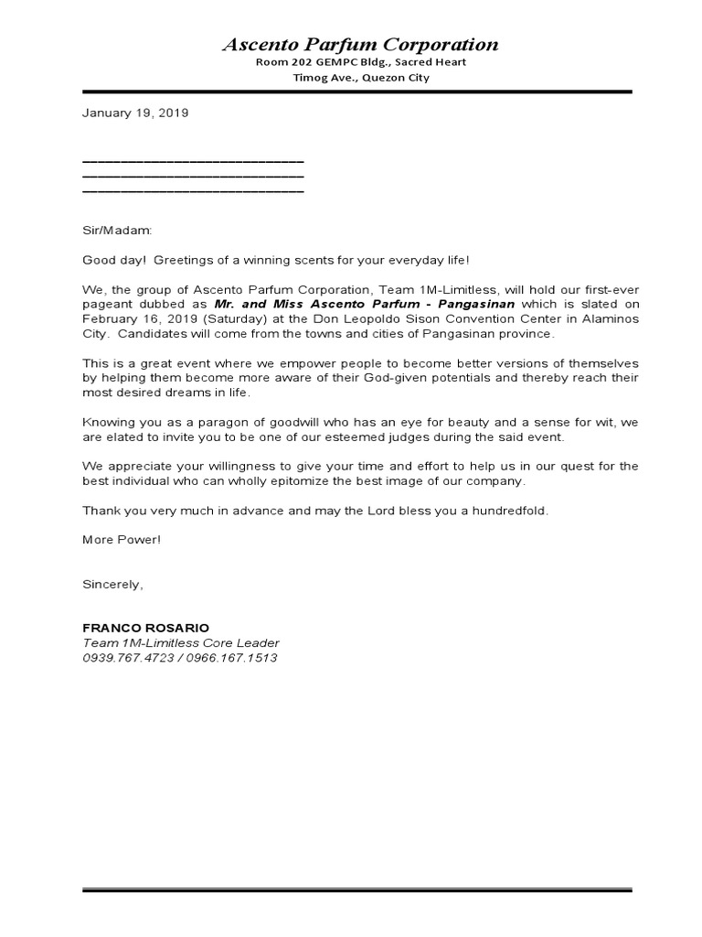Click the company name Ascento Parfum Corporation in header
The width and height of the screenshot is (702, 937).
[x=361, y=44]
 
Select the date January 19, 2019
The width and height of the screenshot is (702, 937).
[x=135, y=113]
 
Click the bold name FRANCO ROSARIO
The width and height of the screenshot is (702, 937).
[x=145, y=628]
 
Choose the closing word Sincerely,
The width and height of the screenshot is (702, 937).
[x=112, y=583]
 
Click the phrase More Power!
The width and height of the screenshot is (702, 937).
[x=122, y=539]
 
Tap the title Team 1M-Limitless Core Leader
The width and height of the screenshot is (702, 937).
[x=181, y=643]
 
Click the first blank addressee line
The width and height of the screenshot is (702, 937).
[x=193, y=161]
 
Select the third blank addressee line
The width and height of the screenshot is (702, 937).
[x=193, y=191]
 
